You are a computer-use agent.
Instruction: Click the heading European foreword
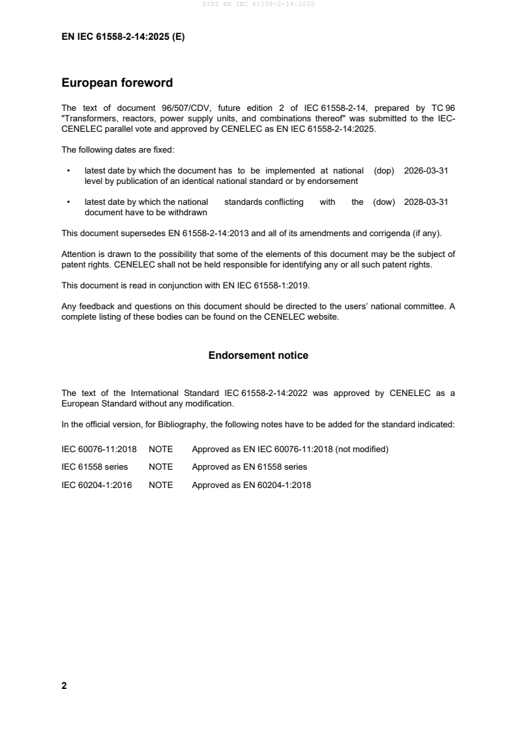tap(117, 83)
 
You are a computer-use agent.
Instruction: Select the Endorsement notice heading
tap(258, 356)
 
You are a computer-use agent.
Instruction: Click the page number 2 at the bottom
tap(64, 686)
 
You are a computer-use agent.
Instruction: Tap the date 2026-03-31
tap(426, 170)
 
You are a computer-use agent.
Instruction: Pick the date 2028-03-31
tap(426, 202)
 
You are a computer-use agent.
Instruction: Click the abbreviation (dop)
tap(384, 170)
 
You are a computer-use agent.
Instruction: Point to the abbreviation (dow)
tap(384, 202)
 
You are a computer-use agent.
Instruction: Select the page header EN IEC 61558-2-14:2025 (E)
tap(123, 37)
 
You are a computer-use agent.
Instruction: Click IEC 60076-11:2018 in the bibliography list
tap(98, 449)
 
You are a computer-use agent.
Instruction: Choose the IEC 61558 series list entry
tap(95, 467)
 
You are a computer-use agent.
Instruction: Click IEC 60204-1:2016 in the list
tap(96, 485)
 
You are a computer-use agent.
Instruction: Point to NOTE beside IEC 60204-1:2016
tap(160, 485)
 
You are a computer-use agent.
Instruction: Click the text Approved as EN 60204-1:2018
tap(251, 485)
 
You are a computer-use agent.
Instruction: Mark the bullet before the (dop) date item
tap(68, 170)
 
